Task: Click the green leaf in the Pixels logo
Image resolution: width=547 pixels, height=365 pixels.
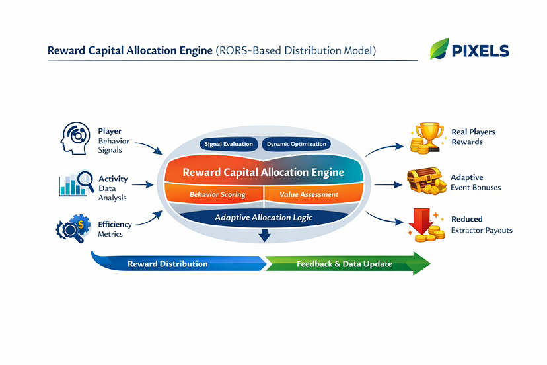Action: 439,48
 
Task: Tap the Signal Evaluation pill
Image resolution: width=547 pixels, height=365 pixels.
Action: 229,144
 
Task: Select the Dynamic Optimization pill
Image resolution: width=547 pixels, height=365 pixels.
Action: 296,144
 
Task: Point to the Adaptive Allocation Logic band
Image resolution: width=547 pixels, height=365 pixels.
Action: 264,218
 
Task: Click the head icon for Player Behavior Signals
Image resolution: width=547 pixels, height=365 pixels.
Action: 75,138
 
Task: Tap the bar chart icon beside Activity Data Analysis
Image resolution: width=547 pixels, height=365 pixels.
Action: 77,183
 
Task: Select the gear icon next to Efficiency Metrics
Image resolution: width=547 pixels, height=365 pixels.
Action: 73,228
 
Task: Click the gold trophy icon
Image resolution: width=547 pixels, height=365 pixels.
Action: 427,138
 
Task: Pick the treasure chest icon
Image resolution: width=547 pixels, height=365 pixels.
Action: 426,181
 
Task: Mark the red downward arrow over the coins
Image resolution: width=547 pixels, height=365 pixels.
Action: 421,222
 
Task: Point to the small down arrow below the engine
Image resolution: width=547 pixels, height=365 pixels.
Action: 264,235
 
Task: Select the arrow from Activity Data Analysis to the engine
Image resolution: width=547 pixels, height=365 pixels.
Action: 143,184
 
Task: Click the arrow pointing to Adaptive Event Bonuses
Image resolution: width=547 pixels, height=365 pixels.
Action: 388,184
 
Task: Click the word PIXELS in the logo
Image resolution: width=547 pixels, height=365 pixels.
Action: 480,51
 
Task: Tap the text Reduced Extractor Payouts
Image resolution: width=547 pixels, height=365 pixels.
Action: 482,225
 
